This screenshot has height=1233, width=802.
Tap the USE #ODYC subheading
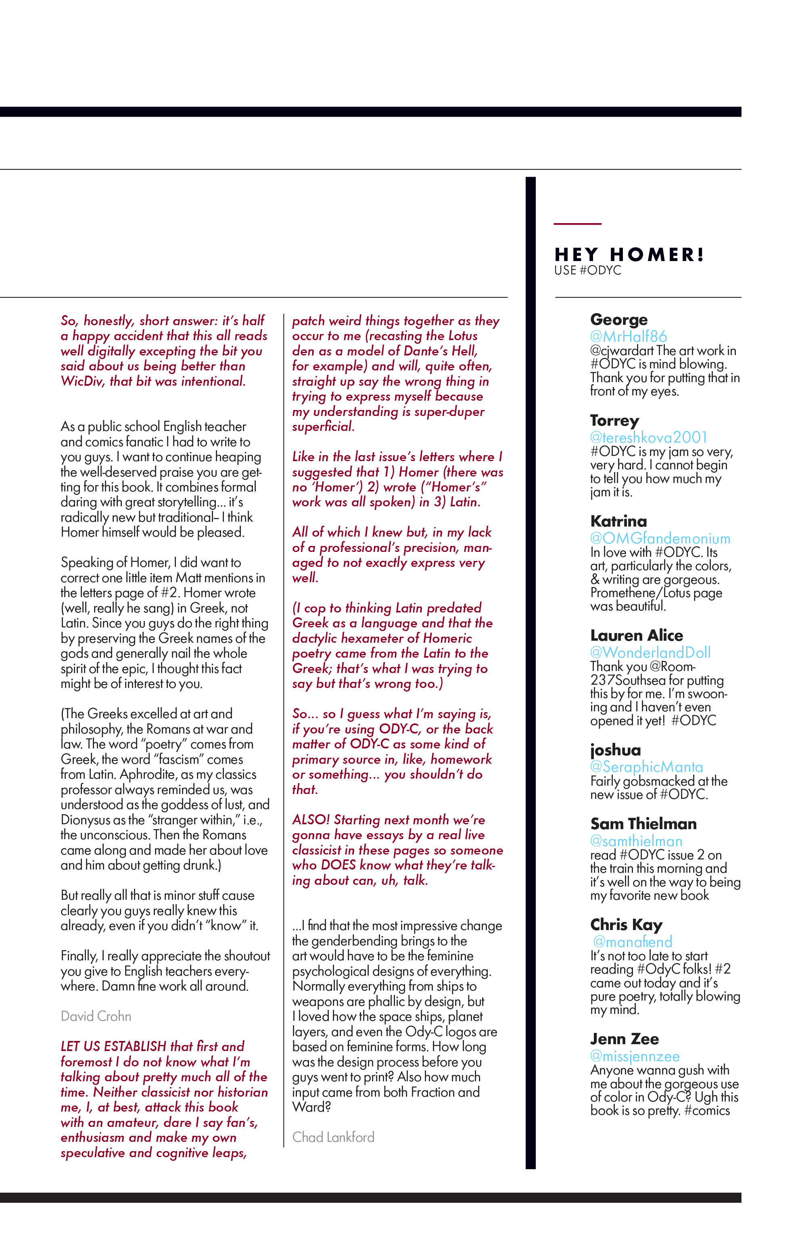click(x=587, y=270)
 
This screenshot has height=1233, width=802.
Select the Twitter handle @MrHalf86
click(x=628, y=336)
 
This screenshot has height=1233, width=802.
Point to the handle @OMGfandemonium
click(x=660, y=538)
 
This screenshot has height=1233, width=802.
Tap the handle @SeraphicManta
click(x=646, y=767)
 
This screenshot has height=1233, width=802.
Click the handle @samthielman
click(x=636, y=841)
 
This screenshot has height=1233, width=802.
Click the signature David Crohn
click(x=96, y=1016)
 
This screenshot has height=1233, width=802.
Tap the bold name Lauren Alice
click(x=636, y=635)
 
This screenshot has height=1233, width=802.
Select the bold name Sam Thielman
click(x=643, y=824)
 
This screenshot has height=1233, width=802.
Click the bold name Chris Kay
click(x=626, y=924)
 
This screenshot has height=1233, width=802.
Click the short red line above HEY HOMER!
click(x=577, y=224)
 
